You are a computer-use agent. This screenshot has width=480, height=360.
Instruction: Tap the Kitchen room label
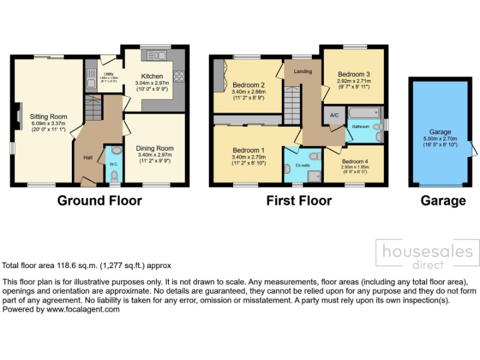(152, 77)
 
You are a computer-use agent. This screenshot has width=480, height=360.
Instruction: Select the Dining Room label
(155, 148)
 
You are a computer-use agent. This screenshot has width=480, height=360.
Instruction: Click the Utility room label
(109, 74)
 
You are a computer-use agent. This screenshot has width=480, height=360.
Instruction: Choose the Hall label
(88, 157)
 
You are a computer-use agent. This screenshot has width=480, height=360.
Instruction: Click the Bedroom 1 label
(249, 151)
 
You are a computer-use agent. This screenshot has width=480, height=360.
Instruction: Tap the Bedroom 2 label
(249, 85)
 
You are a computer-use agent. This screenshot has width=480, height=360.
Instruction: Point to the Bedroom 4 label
(354, 161)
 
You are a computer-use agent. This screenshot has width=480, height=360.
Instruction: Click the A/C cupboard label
(334, 116)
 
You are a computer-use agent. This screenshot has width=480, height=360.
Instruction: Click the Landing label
(303, 71)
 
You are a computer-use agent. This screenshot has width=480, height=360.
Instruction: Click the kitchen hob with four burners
(180, 77)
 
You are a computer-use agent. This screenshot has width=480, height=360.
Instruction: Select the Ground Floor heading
(99, 201)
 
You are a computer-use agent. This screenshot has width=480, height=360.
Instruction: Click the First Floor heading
(299, 201)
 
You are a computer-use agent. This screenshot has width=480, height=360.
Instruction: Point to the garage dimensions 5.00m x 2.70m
(440, 139)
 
